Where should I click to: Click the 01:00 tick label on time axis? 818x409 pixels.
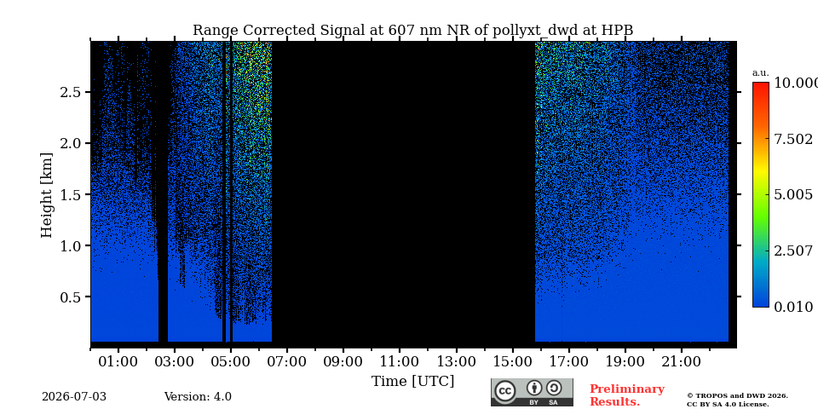click(x=118, y=361)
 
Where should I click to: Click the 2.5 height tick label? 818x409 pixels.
click(x=72, y=92)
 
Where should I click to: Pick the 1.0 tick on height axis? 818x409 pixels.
click(x=72, y=245)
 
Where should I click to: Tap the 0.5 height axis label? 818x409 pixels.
click(x=72, y=297)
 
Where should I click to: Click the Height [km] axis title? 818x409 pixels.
click(x=47, y=195)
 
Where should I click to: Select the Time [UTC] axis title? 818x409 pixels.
click(x=412, y=382)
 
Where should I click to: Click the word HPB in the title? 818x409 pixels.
click(x=617, y=31)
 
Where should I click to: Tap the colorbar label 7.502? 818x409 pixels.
click(x=793, y=139)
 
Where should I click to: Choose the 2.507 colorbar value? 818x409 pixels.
click(x=793, y=251)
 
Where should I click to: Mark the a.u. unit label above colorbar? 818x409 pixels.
click(x=760, y=73)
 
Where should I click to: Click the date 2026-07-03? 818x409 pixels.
click(x=74, y=397)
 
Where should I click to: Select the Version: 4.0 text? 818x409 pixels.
click(x=198, y=397)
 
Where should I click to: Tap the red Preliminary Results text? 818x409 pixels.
click(x=626, y=395)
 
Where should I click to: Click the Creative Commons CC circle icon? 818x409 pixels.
click(x=504, y=391)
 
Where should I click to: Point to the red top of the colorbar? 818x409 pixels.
click(x=761, y=84)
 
